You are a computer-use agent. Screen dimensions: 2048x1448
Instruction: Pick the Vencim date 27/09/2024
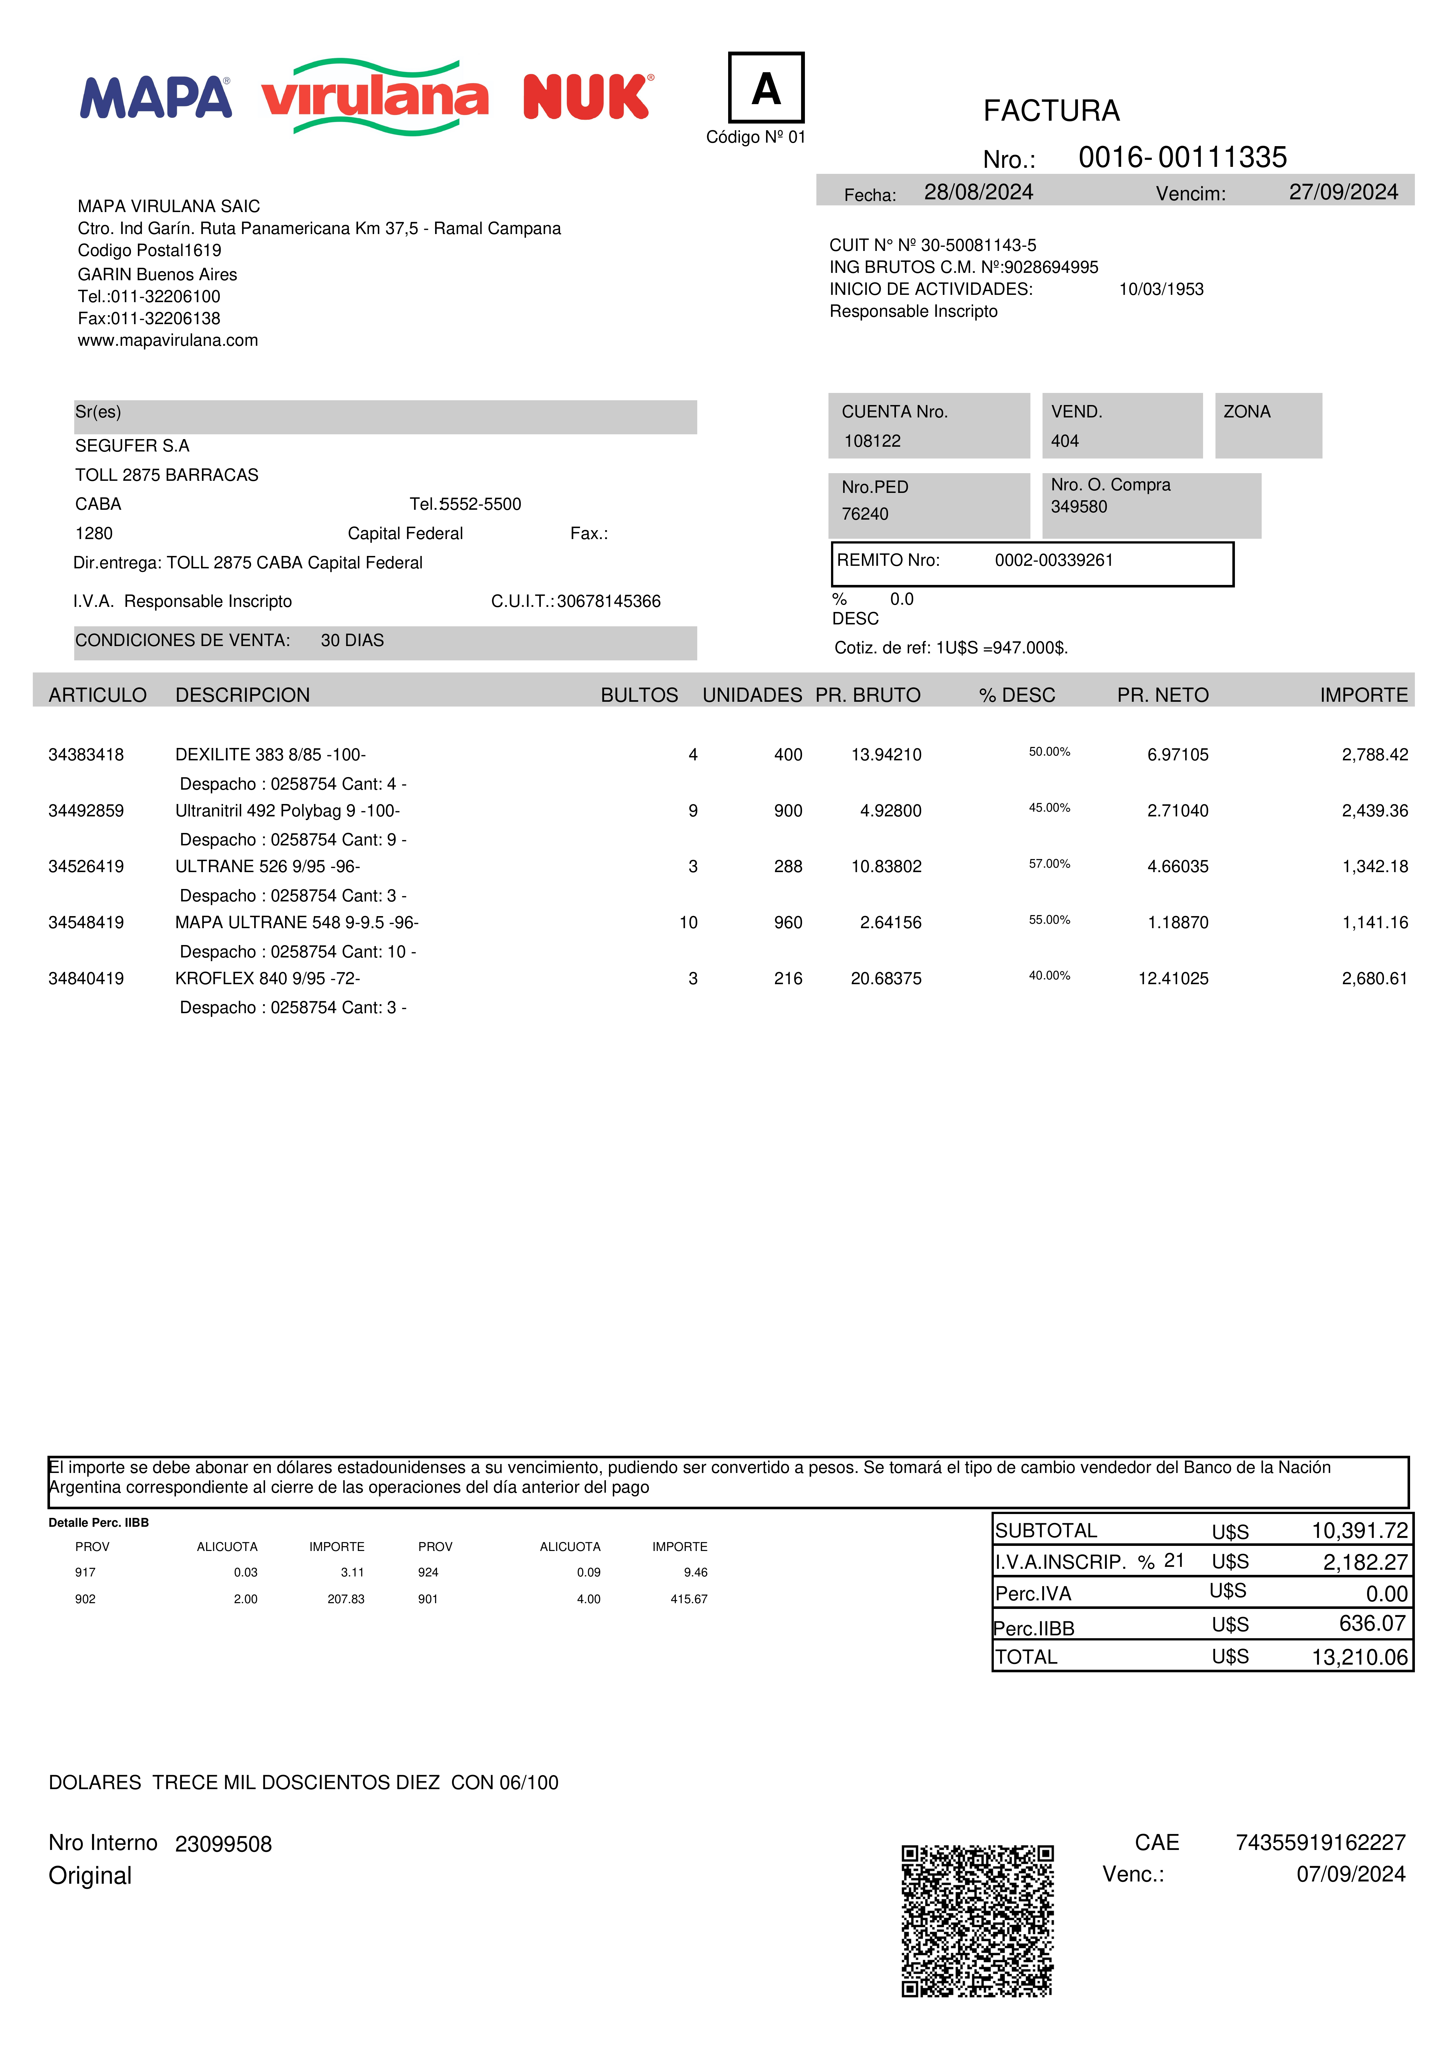(1343, 193)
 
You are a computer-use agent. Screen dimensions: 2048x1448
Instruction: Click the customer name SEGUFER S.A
(132, 446)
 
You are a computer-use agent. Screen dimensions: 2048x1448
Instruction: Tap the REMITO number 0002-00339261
(1054, 560)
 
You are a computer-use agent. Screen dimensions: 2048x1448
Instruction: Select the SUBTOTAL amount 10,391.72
(1359, 1531)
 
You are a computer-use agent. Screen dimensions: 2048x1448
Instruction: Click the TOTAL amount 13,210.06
(1359, 1657)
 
